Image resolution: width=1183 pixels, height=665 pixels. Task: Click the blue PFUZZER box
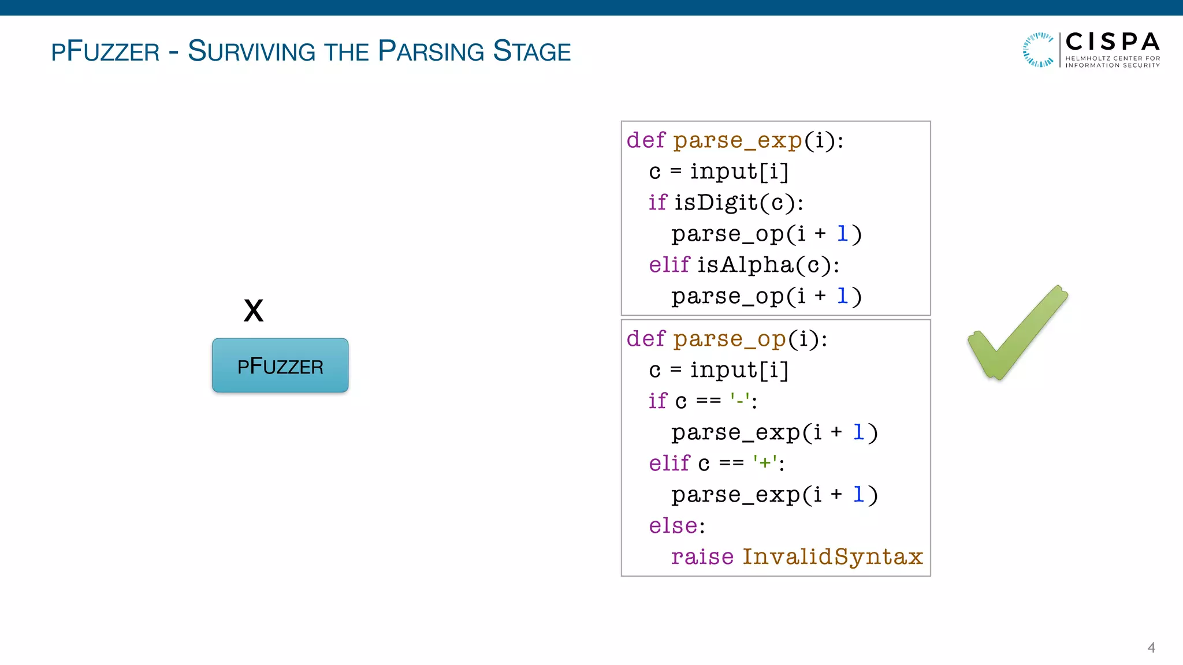280,365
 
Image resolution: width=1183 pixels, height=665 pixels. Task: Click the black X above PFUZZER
254,311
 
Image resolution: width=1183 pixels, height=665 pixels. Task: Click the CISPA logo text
1112,42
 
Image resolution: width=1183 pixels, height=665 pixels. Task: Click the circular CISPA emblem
1039,50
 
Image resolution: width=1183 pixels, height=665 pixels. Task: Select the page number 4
1151,648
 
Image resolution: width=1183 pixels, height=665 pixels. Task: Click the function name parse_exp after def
738,140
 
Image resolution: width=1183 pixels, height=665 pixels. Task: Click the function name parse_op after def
729,339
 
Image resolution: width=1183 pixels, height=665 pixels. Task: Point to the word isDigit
716,203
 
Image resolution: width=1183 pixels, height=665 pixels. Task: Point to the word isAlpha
745,265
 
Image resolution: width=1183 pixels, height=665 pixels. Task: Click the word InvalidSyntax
832,556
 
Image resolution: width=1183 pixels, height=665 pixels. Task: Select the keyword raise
702,556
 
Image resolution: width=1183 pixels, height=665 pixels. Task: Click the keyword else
673,526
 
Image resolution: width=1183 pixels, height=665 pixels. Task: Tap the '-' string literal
740,400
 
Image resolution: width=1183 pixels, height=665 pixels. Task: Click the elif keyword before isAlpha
669,265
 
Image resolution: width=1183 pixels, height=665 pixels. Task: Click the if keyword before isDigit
657,203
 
